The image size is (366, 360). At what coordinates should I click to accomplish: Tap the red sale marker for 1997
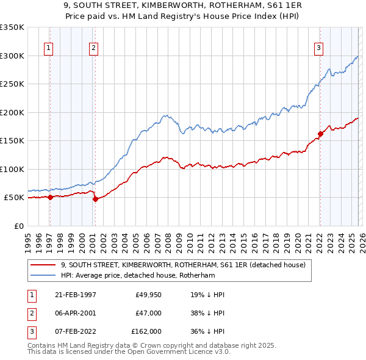(x=51, y=197)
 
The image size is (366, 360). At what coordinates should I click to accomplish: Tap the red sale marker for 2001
(x=95, y=199)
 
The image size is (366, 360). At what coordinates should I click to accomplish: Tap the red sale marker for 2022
(x=320, y=134)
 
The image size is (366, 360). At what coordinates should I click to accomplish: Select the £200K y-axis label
(x=12, y=112)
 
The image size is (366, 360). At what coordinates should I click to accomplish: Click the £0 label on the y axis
(x=18, y=226)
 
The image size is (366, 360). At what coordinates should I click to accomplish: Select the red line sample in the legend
(x=43, y=265)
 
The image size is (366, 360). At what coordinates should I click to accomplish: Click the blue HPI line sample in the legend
(x=43, y=275)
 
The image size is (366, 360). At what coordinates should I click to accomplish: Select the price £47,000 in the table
(x=148, y=312)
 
